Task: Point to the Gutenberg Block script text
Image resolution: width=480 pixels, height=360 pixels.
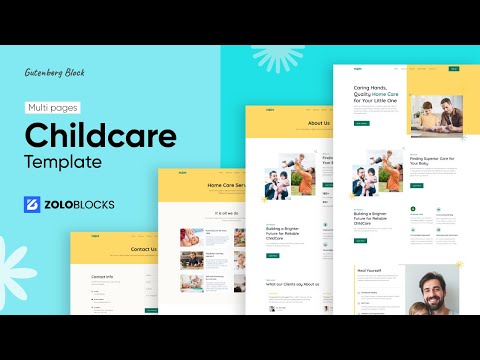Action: (x=55, y=72)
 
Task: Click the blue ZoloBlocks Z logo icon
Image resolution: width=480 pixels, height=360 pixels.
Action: (x=34, y=205)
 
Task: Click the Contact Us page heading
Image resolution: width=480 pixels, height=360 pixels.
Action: (x=143, y=249)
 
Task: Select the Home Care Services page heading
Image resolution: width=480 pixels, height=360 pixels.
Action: (x=228, y=186)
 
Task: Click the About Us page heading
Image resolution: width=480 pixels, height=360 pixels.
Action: (x=318, y=124)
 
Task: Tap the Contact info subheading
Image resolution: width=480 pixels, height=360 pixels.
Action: (x=102, y=277)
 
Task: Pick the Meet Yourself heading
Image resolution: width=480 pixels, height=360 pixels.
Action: (x=369, y=270)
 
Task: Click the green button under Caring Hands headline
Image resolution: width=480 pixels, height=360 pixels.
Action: (x=361, y=123)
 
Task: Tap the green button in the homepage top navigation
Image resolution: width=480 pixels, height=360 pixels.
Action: (x=454, y=69)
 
